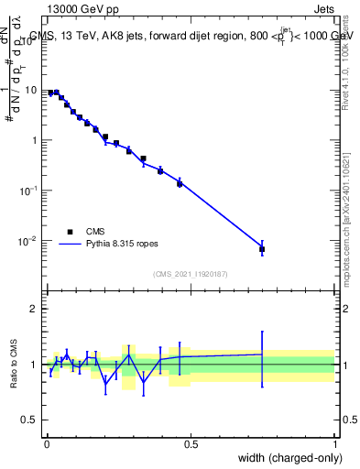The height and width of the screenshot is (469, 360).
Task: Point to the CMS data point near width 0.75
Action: click(x=262, y=249)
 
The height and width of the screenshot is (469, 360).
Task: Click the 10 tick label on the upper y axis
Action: click(x=33, y=91)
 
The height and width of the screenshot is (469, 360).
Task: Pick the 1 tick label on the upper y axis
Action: click(x=36, y=141)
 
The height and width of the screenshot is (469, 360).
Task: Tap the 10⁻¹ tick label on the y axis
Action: click(x=31, y=191)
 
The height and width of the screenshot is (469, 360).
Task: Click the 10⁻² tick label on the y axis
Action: click(x=31, y=241)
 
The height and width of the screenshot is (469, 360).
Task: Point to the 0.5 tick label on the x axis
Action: click(x=191, y=444)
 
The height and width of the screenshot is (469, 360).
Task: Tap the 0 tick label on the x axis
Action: click(x=47, y=444)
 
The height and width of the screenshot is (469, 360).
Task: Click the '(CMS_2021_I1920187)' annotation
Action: click(x=190, y=274)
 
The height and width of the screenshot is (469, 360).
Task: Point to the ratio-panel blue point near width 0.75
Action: click(x=262, y=354)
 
